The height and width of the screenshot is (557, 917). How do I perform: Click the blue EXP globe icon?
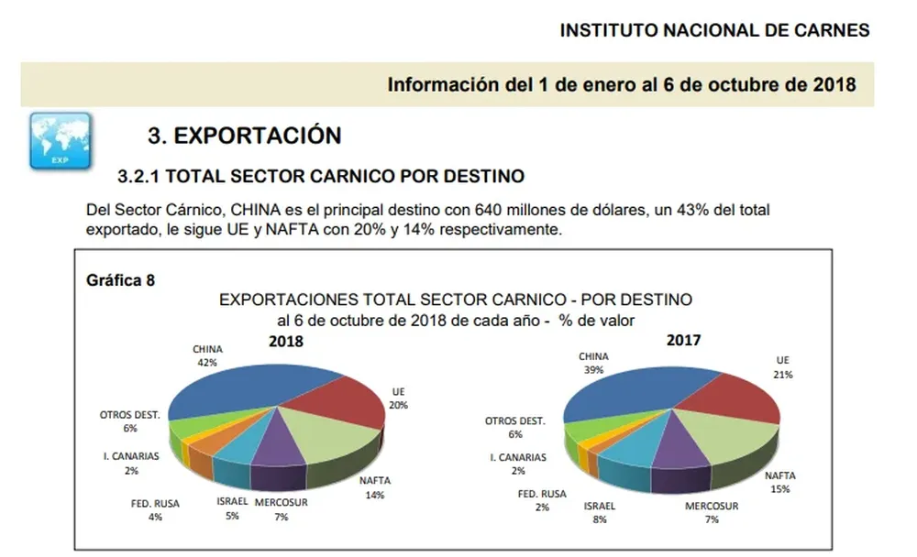tap(61, 141)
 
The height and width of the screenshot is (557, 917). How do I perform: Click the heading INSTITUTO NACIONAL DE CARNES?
tap(714, 30)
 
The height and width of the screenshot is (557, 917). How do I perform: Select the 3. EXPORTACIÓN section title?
tap(244, 136)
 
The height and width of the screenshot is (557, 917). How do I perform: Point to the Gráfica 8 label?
tap(119, 280)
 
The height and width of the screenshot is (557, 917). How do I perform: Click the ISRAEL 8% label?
tap(599, 512)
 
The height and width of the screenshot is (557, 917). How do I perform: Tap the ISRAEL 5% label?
tap(232, 508)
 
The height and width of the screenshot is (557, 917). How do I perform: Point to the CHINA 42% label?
tap(207, 355)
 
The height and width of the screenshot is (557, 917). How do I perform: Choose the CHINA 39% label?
tap(593, 363)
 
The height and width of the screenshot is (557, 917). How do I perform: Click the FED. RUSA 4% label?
tap(156, 510)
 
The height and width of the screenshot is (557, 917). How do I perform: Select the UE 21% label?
tap(782, 367)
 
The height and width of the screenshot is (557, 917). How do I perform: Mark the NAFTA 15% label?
tap(780, 483)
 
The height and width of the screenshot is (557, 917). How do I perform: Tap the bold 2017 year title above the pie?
tap(682, 340)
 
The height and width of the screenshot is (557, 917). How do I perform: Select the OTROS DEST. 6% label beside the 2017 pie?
tap(514, 428)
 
